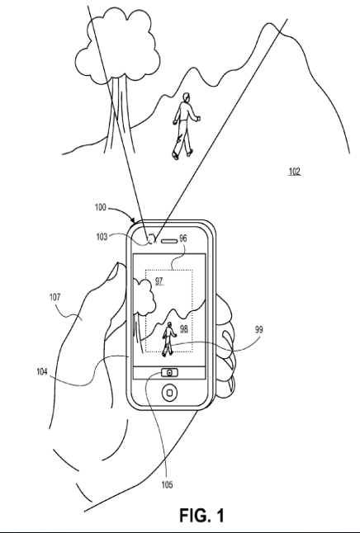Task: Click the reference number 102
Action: tap(295, 172)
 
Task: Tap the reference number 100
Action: tap(101, 207)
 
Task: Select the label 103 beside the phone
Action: tap(102, 237)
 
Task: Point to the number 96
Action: tap(183, 238)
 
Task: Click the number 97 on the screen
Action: tap(159, 281)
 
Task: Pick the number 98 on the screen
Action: tap(184, 328)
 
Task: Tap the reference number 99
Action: tap(258, 330)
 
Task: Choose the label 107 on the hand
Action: tap(54, 297)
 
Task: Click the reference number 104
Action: tap(42, 371)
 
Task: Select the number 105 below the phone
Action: tap(167, 484)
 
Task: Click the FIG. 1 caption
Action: tap(202, 515)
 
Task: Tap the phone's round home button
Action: tap(169, 393)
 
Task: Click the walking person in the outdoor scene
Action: tap(186, 125)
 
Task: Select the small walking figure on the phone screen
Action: tap(168, 339)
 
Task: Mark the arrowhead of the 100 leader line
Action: tap(134, 220)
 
